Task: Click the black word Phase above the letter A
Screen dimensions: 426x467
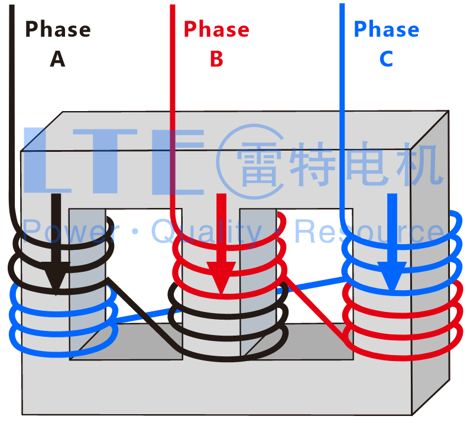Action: coord(58,29)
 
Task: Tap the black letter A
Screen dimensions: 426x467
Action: coord(57,58)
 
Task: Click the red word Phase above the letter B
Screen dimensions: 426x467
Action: coord(216,29)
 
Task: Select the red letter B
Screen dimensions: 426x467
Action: coord(216,58)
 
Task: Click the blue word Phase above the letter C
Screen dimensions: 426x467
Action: coord(386,29)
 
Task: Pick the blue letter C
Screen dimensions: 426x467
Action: coord(386,58)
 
